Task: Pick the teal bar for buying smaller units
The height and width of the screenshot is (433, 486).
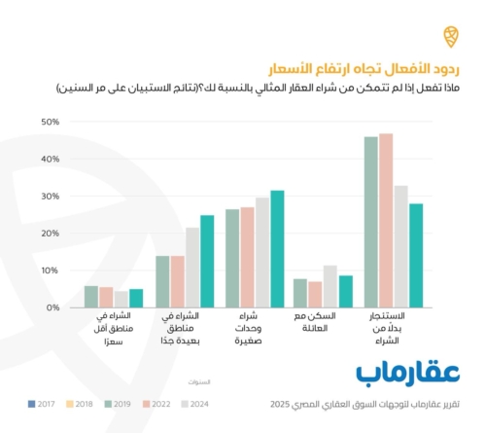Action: pyautogui.click(x=277, y=248)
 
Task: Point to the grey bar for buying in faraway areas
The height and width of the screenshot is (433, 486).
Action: pyautogui.click(x=192, y=268)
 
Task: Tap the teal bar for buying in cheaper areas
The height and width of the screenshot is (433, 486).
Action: pyautogui.click(x=136, y=298)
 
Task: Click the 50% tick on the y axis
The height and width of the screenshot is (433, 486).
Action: pyautogui.click(x=51, y=123)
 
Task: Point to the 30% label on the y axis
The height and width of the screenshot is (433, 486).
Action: pyautogui.click(x=51, y=197)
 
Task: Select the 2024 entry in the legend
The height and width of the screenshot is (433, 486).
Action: pyautogui.click(x=209, y=401)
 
